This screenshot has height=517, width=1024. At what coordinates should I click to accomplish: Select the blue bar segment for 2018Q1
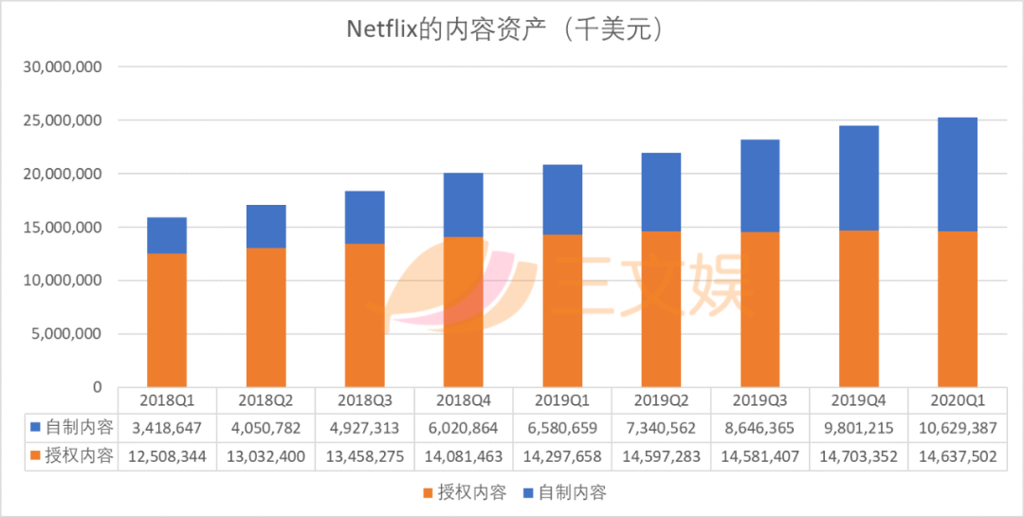[x=167, y=235]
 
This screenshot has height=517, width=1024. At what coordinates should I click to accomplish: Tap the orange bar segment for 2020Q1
[x=957, y=308]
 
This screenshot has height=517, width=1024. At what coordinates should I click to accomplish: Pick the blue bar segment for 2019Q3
[x=759, y=186]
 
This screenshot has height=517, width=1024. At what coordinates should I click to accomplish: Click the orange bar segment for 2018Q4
[x=464, y=311]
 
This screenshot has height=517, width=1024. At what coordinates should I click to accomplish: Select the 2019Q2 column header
[x=661, y=399]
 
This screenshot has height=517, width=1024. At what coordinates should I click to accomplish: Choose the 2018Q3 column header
[x=365, y=399]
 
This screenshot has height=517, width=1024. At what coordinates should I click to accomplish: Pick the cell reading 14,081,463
[x=464, y=456]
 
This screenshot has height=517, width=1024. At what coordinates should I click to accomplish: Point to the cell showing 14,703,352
[x=858, y=456]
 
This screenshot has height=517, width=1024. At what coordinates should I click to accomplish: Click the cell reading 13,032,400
[x=265, y=456]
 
